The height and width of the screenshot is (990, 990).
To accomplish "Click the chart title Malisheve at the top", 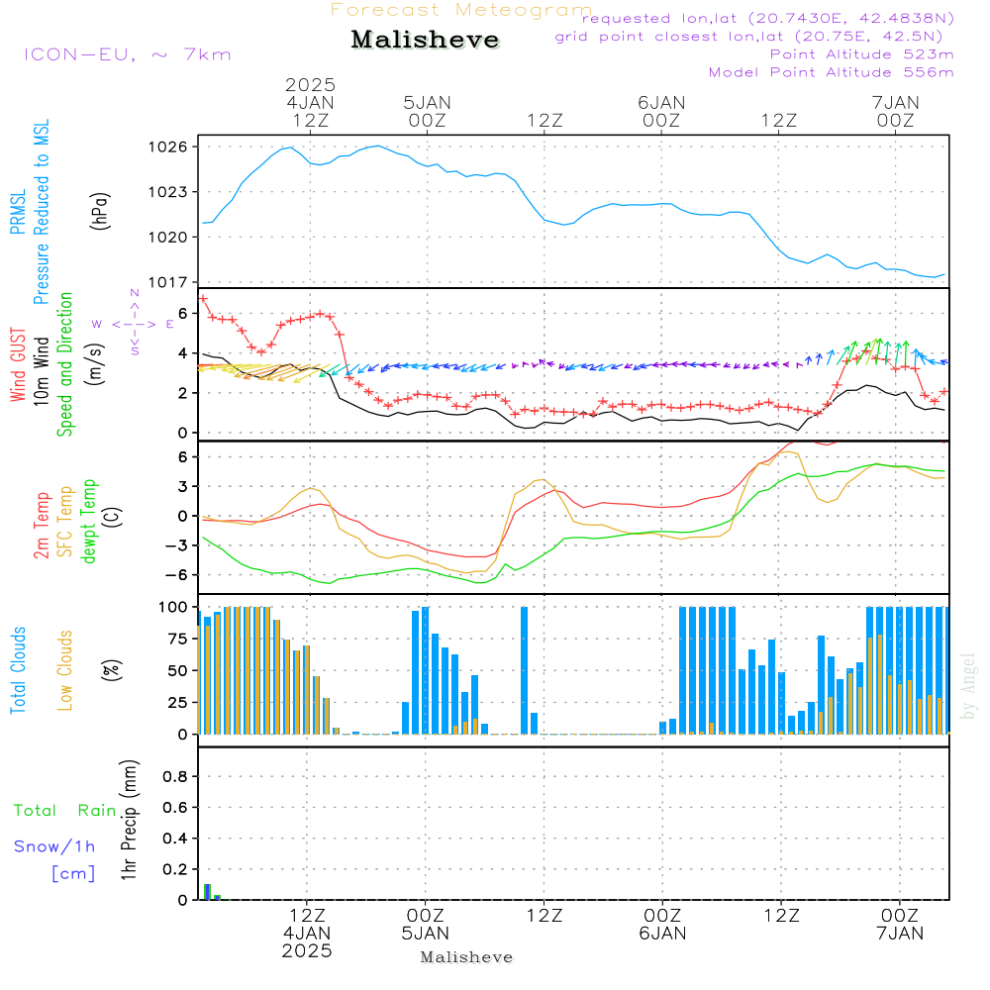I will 426,40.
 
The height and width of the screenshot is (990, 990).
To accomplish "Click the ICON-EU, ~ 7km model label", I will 127,54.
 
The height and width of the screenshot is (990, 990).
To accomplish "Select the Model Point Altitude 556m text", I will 832,72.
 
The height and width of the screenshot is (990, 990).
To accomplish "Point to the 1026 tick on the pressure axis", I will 167,147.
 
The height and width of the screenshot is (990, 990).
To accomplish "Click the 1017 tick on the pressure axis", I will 167,282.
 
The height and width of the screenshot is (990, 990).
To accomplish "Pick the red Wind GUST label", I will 18,366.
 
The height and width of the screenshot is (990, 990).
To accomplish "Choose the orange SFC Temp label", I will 65,522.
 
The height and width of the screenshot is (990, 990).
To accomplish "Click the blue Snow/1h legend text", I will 54,847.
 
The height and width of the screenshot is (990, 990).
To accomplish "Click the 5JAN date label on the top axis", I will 427,103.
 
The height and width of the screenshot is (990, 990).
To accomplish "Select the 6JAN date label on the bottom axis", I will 662,934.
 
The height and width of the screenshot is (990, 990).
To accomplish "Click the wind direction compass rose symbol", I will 135,324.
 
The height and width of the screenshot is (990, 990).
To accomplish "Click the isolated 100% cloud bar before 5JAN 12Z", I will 524,669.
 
